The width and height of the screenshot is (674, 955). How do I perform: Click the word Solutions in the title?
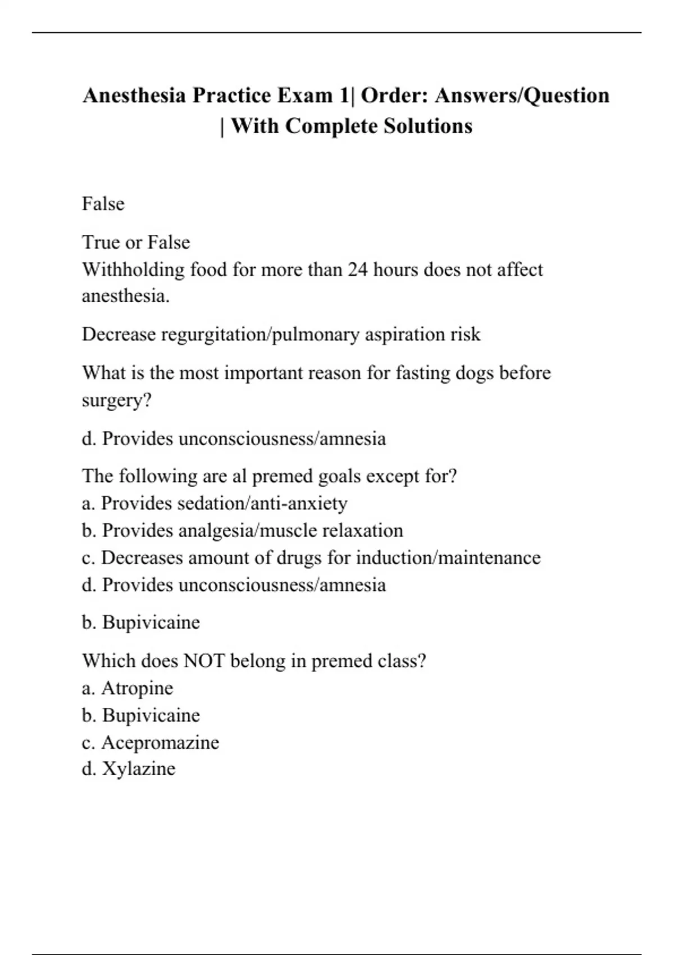coord(428,126)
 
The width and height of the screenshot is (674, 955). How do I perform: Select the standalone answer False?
coord(103,203)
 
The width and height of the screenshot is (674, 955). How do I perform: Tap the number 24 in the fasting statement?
coord(358,270)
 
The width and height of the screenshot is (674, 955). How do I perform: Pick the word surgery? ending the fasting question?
coord(116,401)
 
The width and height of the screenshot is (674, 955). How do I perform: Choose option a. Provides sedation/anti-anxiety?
coord(214,503)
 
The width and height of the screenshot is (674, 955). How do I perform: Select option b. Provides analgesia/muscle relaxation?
coord(242,530)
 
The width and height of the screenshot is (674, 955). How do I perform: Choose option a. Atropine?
coord(127,688)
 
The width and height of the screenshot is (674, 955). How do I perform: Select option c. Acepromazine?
coord(151,743)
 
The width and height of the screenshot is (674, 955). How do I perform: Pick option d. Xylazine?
coord(129,768)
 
